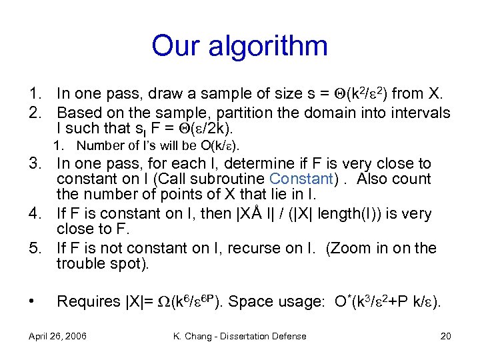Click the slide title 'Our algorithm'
239,46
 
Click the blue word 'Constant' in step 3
301,179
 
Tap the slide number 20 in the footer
445,336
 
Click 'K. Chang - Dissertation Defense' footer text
239,336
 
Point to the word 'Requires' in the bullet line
86,301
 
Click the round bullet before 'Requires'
32,301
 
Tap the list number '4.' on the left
35,214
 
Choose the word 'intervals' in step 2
421,113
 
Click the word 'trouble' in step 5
78,263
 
